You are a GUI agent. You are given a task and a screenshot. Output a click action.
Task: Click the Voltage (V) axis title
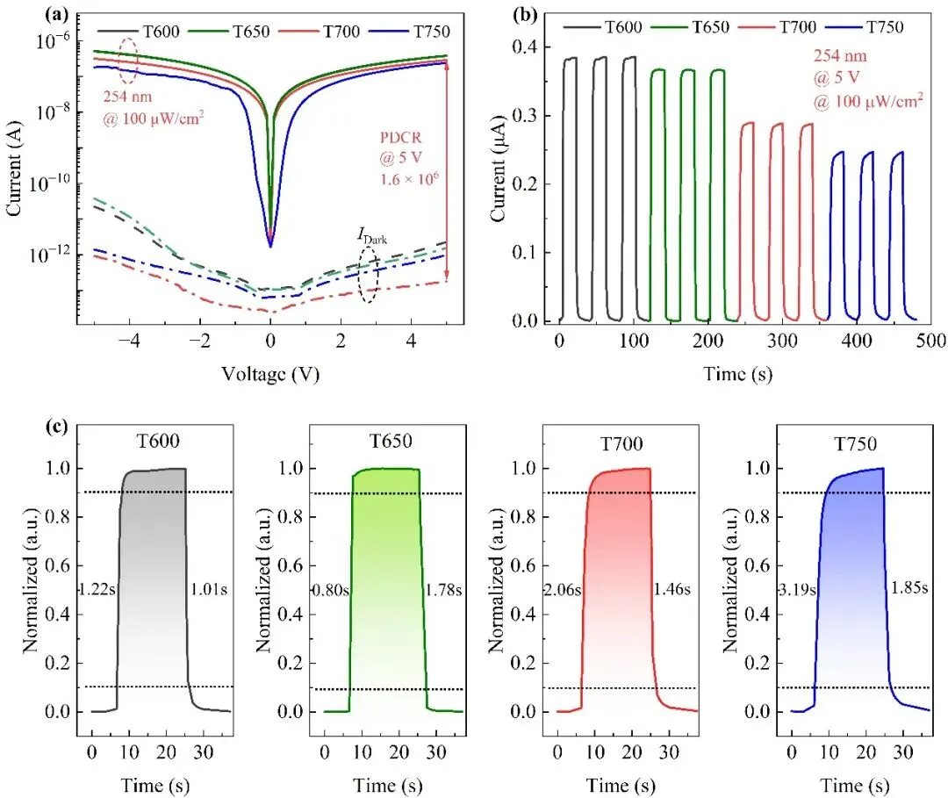270,374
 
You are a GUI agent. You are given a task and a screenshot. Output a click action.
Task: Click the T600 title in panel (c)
154,444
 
